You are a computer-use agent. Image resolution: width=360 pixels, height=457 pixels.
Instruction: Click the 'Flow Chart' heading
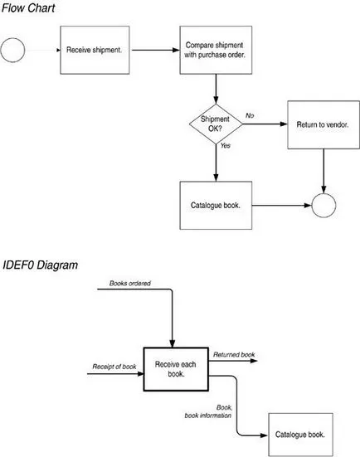point(28,7)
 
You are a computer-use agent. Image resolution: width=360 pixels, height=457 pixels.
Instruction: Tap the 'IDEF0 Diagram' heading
point(40,265)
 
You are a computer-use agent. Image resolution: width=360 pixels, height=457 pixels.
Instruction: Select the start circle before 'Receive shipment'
point(12,50)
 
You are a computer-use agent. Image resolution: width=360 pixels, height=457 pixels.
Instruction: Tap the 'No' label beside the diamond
point(250,115)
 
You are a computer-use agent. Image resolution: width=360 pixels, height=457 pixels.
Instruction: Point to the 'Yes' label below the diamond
point(226,145)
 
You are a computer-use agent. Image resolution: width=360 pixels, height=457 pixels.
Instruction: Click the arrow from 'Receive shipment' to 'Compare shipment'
point(156,50)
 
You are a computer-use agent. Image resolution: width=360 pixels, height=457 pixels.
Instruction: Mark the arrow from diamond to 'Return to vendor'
point(265,124)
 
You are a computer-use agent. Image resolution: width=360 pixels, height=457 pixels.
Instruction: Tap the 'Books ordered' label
point(130,283)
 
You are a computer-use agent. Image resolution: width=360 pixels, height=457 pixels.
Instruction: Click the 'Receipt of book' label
point(114,367)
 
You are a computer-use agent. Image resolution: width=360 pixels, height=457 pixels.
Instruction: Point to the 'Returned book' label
point(234,354)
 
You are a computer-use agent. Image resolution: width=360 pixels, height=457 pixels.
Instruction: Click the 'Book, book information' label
point(208,411)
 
